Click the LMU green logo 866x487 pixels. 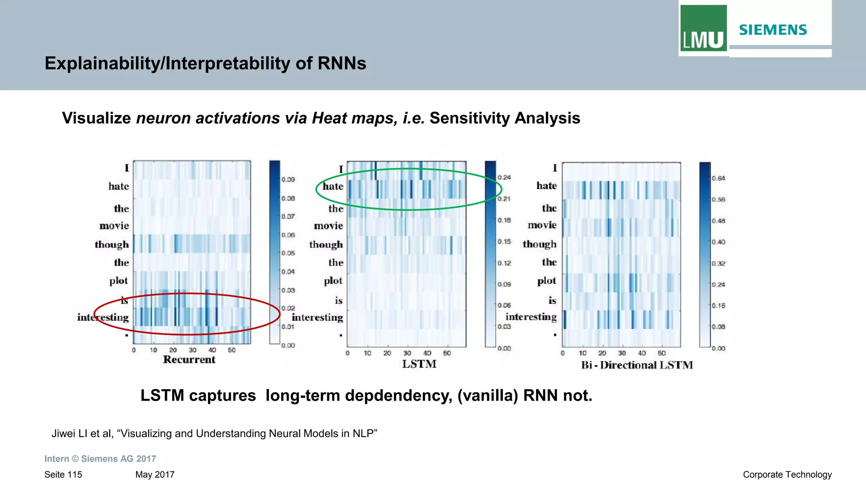tap(703, 28)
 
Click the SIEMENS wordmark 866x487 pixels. tap(773, 30)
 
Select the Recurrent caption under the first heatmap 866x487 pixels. tap(189, 360)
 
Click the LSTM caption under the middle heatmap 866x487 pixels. tap(419, 364)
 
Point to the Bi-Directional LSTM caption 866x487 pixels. tap(637, 365)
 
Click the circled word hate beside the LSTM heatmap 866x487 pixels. tap(333, 187)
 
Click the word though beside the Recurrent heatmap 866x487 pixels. tap(112, 245)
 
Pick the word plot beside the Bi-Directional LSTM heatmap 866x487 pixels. tap(546, 281)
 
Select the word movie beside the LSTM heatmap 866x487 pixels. tap(328, 226)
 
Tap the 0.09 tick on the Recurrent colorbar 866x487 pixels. tap(288, 179)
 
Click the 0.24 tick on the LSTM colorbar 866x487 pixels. tap(504, 178)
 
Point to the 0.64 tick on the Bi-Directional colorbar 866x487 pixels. tap(718, 178)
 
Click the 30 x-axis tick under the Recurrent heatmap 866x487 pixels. tap(192, 350)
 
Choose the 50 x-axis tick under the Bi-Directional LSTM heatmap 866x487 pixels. tap(662, 353)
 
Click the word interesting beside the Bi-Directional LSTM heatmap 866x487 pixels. tap(531, 317)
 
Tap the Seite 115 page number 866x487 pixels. tap(63, 475)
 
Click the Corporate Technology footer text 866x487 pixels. tap(787, 475)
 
